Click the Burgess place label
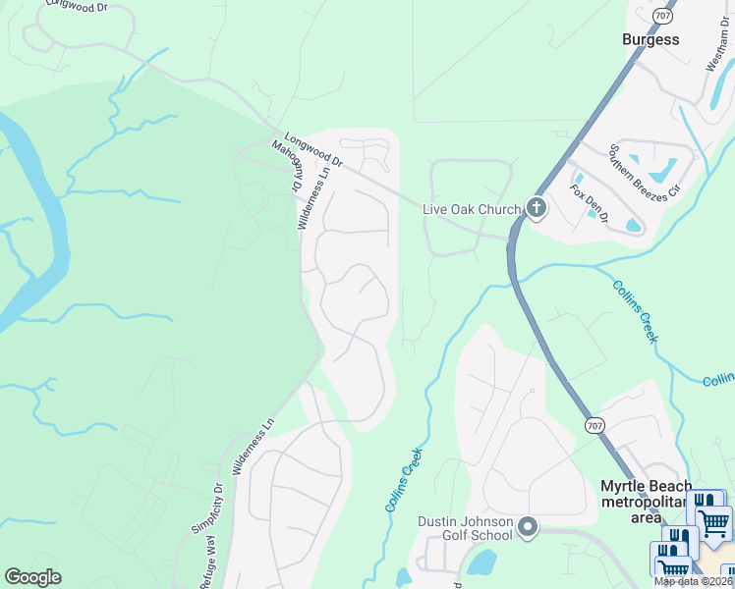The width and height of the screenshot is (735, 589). click(x=650, y=40)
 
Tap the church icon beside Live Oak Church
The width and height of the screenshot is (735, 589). click(x=536, y=207)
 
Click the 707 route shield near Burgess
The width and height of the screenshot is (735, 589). click(x=662, y=16)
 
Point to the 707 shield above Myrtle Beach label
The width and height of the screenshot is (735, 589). click(x=594, y=425)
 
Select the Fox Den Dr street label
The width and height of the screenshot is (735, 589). click(x=590, y=202)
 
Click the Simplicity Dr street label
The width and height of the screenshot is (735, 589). click(x=207, y=508)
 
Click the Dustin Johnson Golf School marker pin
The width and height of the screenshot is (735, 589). click(x=528, y=528)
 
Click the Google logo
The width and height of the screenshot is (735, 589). click(x=32, y=577)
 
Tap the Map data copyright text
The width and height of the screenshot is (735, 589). click(x=694, y=581)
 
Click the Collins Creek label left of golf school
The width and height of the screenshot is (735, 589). click(x=403, y=478)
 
